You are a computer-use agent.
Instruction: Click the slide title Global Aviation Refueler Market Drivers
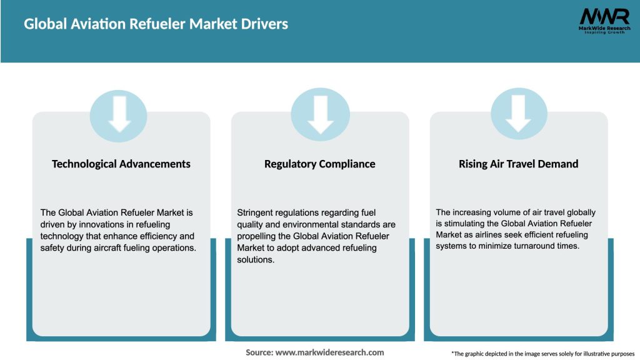click(x=156, y=24)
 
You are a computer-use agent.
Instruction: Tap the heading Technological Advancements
click(x=121, y=164)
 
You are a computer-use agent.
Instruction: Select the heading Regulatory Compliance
click(x=320, y=164)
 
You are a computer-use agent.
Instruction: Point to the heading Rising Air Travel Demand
click(x=519, y=164)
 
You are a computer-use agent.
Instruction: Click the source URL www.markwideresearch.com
click(x=330, y=352)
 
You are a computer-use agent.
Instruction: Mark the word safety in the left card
click(x=53, y=247)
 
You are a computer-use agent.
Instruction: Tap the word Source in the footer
click(x=258, y=352)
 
